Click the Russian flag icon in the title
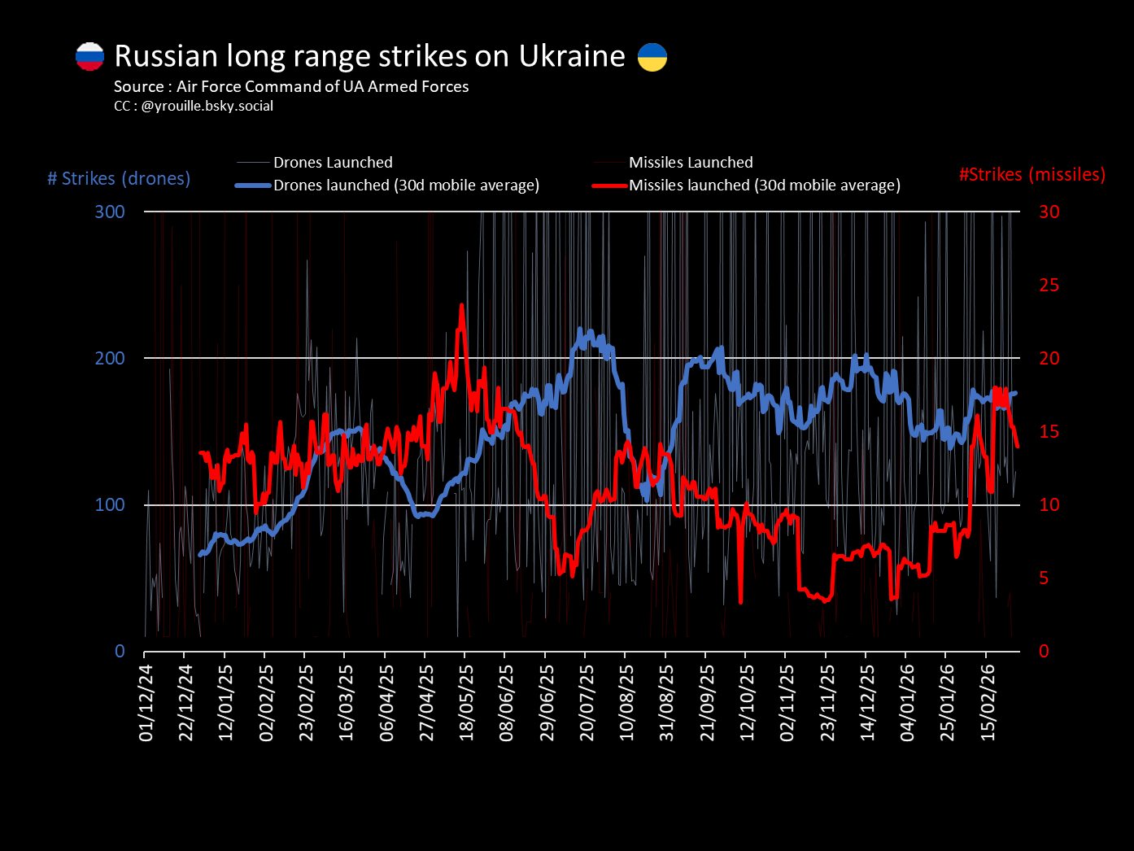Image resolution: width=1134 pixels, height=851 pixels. pyautogui.click(x=90, y=56)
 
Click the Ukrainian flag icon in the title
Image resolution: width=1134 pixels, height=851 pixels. pyautogui.click(x=652, y=57)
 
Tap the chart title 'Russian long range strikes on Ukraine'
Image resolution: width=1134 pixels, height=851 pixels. pyautogui.click(x=369, y=55)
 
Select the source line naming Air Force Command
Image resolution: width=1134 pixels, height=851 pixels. pyautogui.click(x=291, y=86)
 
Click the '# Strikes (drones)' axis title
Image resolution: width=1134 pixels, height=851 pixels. pyautogui.click(x=119, y=178)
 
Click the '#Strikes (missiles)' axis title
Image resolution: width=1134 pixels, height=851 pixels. pyautogui.click(x=1032, y=174)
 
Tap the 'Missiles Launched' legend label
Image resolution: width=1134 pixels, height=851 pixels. pyautogui.click(x=691, y=163)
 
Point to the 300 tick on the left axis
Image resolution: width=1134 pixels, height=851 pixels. pyautogui.click(x=110, y=212)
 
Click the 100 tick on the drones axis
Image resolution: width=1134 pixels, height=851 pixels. pyautogui.click(x=110, y=504)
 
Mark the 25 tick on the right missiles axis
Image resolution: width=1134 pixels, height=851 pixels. pyautogui.click(x=1049, y=285)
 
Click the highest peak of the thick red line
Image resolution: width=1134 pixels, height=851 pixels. pyautogui.click(x=462, y=306)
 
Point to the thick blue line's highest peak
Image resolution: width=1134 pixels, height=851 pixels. pyautogui.click(x=581, y=329)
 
